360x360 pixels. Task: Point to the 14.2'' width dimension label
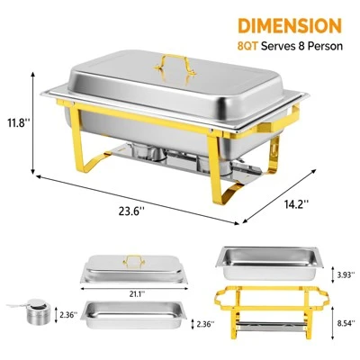293,202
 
